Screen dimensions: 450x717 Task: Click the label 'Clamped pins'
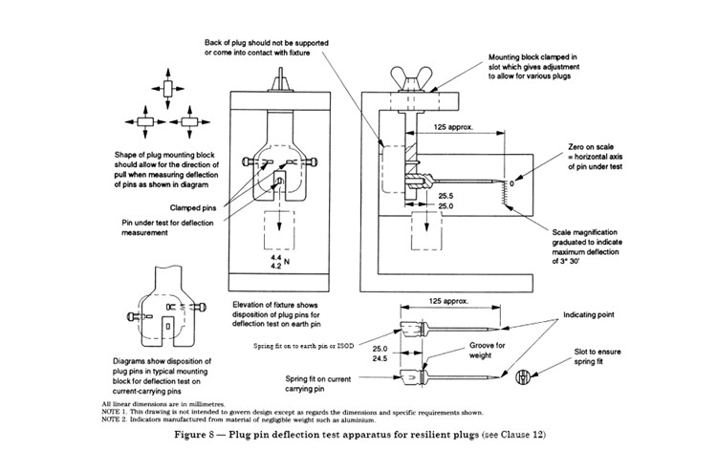click(192, 207)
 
